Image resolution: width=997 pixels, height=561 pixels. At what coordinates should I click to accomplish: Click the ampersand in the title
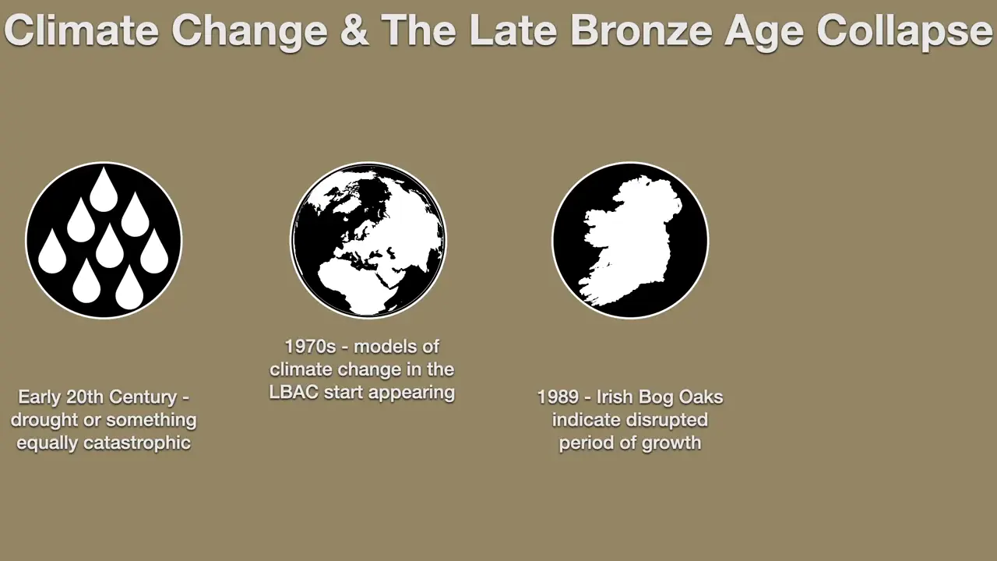click(354, 30)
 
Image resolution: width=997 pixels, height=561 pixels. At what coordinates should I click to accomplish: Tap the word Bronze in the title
click(642, 30)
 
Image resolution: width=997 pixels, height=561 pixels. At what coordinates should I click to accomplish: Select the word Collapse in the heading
click(904, 31)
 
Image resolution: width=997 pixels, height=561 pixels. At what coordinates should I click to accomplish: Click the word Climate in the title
click(82, 30)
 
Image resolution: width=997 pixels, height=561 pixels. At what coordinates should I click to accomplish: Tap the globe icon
click(368, 240)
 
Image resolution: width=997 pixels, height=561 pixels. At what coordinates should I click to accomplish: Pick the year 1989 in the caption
click(558, 397)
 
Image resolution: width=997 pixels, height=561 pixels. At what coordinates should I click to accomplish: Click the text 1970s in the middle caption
click(310, 347)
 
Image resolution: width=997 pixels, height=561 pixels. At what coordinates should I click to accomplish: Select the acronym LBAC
click(294, 392)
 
